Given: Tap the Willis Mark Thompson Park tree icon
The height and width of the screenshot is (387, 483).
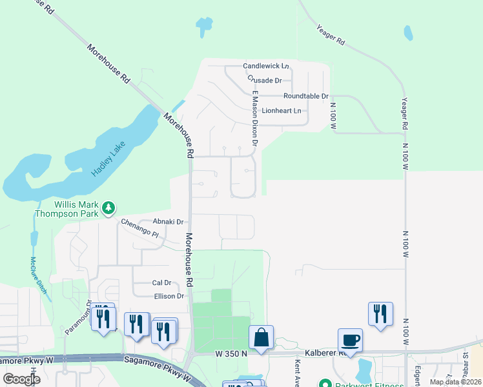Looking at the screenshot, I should click(x=110, y=207).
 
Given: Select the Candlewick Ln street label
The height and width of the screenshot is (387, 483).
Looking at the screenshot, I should click(x=265, y=66).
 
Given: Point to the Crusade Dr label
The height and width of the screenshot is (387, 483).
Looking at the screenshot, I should click(x=265, y=80).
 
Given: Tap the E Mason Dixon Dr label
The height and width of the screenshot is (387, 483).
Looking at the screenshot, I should click(x=256, y=117).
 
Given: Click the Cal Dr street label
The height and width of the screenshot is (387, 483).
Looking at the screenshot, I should click(x=161, y=283).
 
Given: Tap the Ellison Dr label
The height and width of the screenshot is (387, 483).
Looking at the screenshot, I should click(x=169, y=296).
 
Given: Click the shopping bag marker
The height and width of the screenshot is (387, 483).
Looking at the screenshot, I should click(x=262, y=337).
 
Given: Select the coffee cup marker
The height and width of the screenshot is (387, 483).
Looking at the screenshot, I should click(x=350, y=340).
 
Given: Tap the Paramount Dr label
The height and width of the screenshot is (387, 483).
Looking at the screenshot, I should click(x=77, y=316).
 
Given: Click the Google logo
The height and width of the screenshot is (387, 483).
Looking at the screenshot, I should click(x=22, y=379).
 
